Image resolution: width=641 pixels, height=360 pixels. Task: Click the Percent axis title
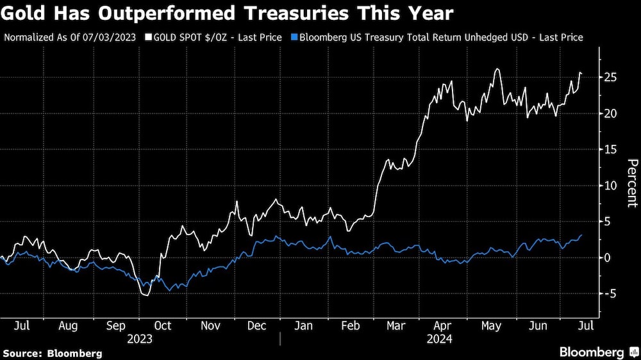(631, 183)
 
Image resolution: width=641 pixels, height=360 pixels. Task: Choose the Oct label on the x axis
(162, 325)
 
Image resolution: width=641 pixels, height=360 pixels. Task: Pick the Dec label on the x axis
(256, 325)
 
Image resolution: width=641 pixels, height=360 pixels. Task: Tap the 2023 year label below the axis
(140, 338)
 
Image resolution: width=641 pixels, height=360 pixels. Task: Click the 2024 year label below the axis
(439, 338)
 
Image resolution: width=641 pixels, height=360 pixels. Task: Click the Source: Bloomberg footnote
(52, 353)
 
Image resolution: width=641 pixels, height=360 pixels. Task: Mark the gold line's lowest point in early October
(146, 295)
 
